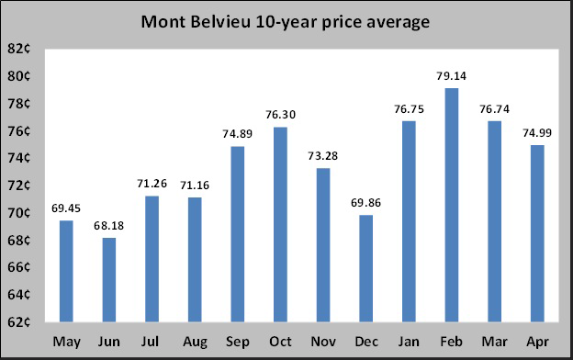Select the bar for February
451,205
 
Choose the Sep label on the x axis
237,342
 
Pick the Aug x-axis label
195,342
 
